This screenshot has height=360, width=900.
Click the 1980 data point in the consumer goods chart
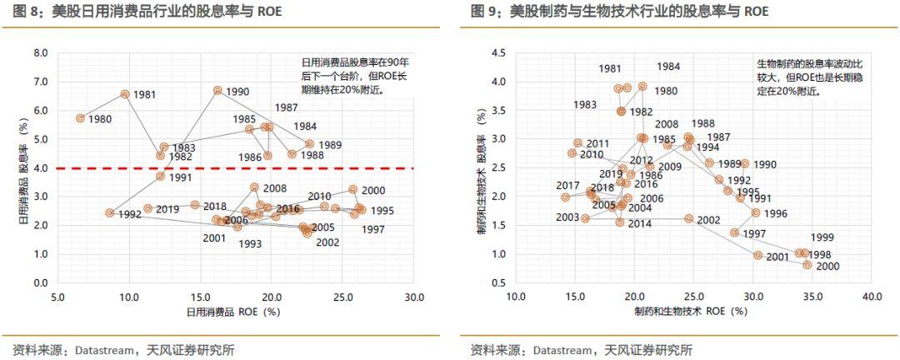click(x=81, y=118)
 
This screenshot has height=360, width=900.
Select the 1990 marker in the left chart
click(x=217, y=90)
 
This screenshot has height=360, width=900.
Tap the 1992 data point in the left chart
click(x=109, y=213)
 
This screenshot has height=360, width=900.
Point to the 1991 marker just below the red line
click(x=161, y=176)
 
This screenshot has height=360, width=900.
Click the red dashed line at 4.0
click(x=250, y=168)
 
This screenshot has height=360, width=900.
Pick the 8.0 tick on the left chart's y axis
click(x=40, y=52)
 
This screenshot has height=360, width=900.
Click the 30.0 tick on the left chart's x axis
click(x=413, y=296)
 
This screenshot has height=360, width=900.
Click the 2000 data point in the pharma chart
click(x=807, y=265)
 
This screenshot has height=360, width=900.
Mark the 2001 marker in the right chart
click(x=757, y=255)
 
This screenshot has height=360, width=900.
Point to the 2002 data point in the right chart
click(x=688, y=218)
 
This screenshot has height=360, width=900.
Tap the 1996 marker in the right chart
click(x=755, y=212)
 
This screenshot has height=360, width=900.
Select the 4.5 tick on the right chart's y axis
click(x=498, y=52)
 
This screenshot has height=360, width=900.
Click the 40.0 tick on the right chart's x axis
click(x=872, y=296)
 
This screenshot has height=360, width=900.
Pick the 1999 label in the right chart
click(x=822, y=237)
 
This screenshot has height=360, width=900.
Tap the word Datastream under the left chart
click(x=92, y=350)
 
